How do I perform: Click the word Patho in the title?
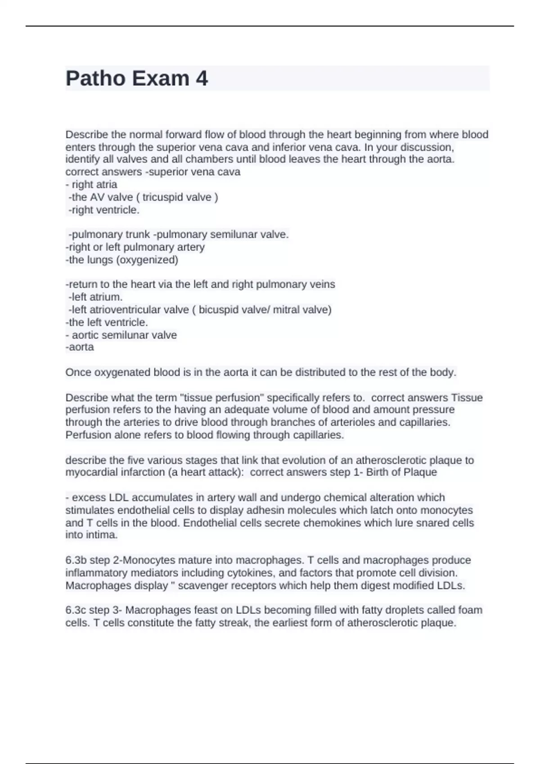(x=95, y=78)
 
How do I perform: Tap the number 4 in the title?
(x=202, y=78)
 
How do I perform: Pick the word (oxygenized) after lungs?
(x=148, y=260)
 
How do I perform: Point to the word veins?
(x=323, y=284)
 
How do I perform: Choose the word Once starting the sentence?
(x=78, y=372)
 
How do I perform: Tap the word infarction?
(x=138, y=472)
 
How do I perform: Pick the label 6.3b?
(x=76, y=560)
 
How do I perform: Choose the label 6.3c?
(x=76, y=610)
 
